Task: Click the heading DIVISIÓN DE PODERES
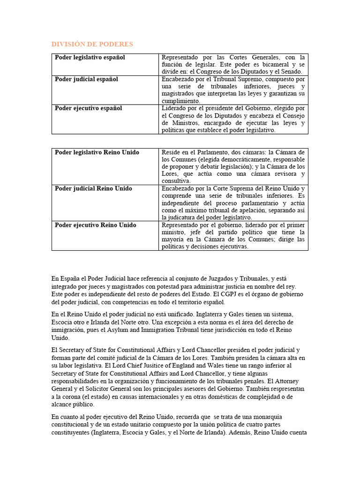pos(92,44)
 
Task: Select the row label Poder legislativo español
pos(90,57)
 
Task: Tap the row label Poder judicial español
pos(86,79)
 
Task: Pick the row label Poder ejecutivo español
pos(88,108)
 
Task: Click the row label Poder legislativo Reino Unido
pos(97,152)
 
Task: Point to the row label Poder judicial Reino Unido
pos(93,188)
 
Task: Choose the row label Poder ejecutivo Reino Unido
pos(95,225)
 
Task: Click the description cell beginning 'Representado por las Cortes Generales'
pos(233,64)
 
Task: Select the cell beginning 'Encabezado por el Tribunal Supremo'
pos(233,90)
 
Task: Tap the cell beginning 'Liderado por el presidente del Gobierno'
pos(233,119)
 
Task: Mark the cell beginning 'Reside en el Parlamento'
pos(233,166)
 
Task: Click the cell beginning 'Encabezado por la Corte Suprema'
pos(233,202)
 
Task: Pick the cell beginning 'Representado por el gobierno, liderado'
pos(233,235)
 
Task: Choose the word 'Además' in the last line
pos(240,433)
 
